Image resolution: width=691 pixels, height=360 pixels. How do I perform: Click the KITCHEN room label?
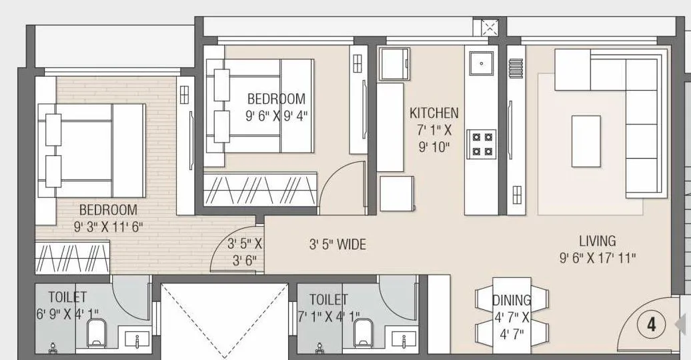click(x=434, y=113)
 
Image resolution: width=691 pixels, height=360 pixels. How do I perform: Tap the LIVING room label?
click(x=597, y=241)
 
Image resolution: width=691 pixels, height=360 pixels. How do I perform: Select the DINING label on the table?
click(x=512, y=301)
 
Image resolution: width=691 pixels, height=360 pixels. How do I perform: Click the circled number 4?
click(x=652, y=325)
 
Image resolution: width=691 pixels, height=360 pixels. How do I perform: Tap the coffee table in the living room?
click(x=586, y=141)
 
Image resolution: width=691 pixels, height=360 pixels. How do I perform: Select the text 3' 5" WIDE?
click(x=337, y=245)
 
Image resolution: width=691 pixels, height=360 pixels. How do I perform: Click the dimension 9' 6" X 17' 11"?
click(x=598, y=257)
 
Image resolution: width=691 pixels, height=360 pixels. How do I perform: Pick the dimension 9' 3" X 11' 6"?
click(x=109, y=227)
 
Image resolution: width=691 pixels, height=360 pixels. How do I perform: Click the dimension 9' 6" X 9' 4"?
click(x=276, y=114)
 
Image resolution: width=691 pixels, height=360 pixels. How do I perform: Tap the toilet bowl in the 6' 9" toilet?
click(x=97, y=331)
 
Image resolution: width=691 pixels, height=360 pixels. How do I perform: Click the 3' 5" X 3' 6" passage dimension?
click(x=245, y=252)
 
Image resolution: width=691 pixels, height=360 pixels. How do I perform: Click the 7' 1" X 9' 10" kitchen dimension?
click(x=434, y=139)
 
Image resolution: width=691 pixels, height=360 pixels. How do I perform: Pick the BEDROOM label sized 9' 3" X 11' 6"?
click(x=108, y=210)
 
